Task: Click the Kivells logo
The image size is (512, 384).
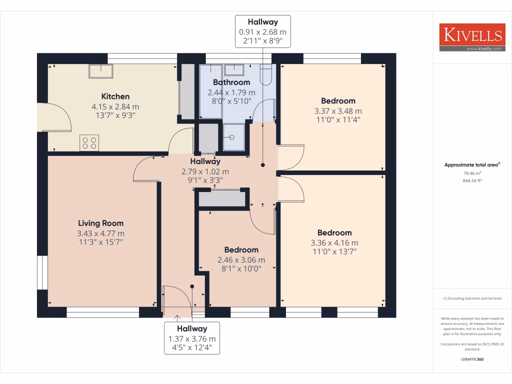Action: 471,37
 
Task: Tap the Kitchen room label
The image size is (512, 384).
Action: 115,96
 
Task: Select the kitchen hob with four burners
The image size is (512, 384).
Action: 90,143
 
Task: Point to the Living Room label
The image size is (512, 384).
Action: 100,223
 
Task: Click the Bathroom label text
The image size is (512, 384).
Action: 231,82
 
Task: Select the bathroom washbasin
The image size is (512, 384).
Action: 234,69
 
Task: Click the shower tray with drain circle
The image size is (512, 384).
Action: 233,136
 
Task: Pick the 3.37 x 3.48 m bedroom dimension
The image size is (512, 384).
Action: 338,111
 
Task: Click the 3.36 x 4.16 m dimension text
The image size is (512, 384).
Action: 334,243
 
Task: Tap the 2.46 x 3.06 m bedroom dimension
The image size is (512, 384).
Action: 241,260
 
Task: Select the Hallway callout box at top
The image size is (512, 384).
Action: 262,31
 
